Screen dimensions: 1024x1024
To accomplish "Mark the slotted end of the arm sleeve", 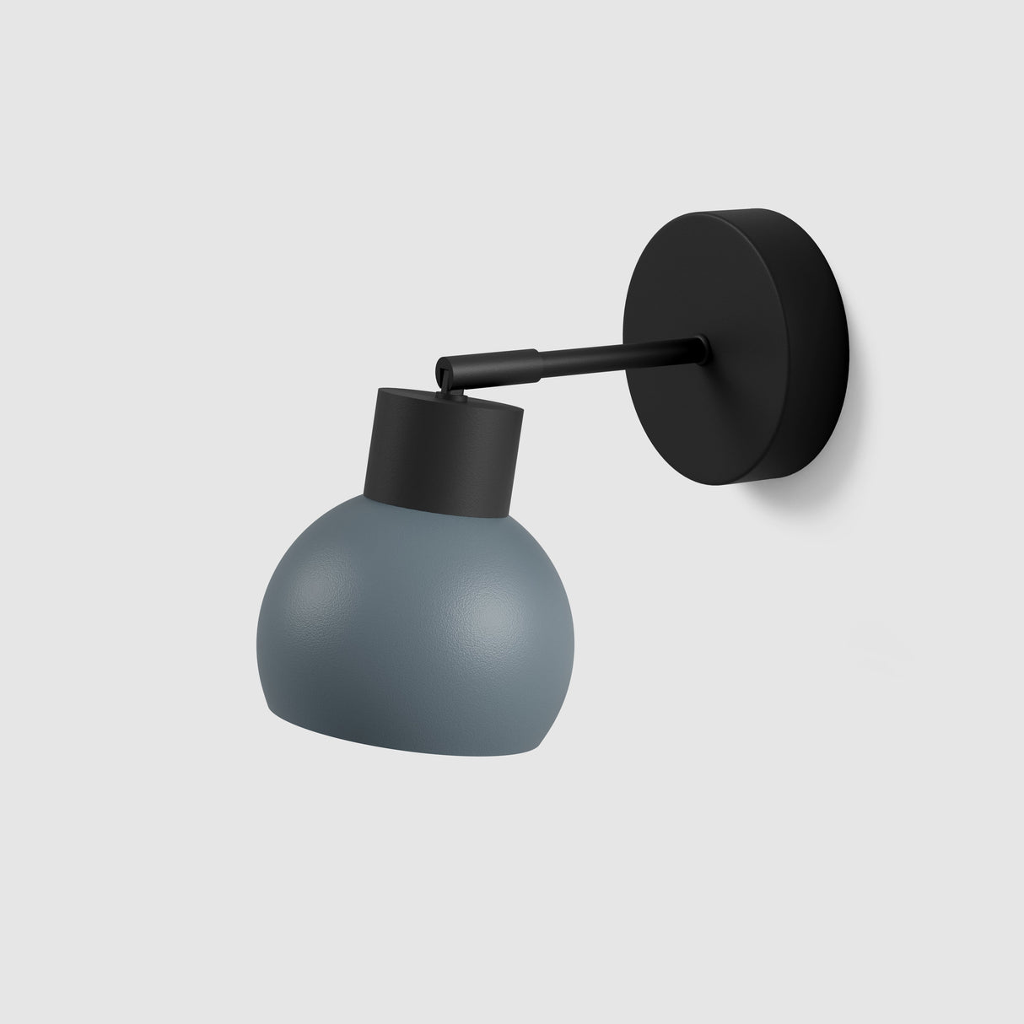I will tap(444, 369).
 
